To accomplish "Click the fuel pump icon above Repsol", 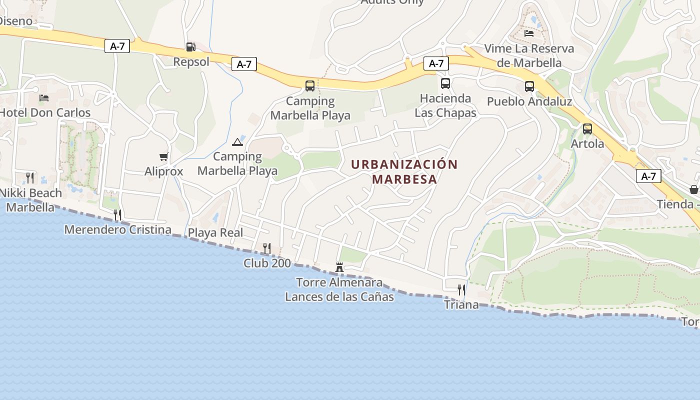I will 190,47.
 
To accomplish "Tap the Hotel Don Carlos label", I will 45,112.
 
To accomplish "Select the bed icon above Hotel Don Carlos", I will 44,97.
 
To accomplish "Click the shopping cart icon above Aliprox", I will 163,157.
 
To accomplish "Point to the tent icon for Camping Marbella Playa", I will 237,142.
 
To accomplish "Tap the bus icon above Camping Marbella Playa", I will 310,86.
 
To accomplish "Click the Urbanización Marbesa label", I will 404,171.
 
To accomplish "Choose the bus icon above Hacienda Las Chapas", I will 445,83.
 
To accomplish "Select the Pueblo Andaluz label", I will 529,101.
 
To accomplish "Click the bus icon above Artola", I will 587,129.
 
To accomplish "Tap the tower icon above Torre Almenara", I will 339,267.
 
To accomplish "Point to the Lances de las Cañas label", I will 339,296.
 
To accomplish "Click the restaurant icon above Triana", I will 461,289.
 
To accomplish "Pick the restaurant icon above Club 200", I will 267,248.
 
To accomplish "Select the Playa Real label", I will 215,232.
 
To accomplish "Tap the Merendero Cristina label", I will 118,230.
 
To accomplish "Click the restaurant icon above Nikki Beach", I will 30,177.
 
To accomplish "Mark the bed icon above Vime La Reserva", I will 529,33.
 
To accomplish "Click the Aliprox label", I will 163,171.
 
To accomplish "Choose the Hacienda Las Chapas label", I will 445,105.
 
